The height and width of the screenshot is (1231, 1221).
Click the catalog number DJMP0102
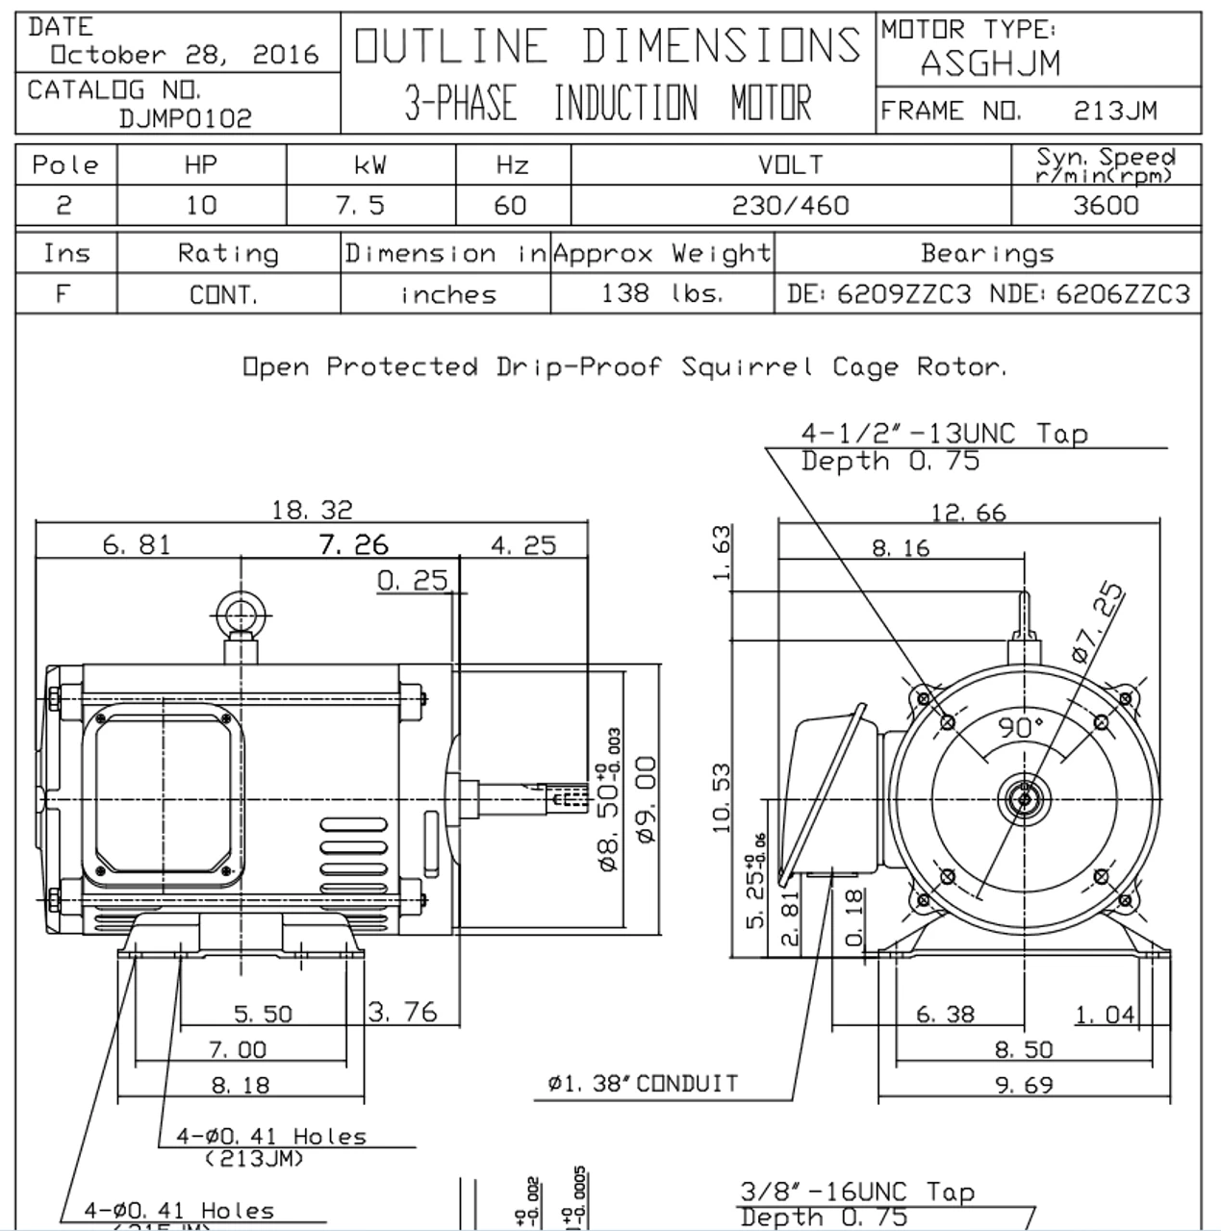click(x=186, y=118)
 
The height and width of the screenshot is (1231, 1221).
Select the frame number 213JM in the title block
click(x=1115, y=112)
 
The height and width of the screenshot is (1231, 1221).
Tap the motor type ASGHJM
click(x=990, y=64)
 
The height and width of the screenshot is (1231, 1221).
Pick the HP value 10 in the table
click(x=201, y=206)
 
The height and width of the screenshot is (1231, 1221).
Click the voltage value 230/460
click(x=790, y=206)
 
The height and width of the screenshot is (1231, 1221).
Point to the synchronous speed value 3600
click(x=1106, y=206)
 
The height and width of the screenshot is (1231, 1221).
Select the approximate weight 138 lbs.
click(x=661, y=293)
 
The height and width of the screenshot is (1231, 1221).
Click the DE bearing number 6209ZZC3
click(x=903, y=293)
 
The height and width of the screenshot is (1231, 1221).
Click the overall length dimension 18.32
click(x=313, y=510)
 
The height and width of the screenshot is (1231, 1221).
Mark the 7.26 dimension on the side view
click(x=353, y=545)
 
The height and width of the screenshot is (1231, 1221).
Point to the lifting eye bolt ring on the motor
click(x=235, y=614)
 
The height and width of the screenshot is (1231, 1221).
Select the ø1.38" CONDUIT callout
click(x=643, y=1084)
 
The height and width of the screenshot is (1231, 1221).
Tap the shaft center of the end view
click(x=1024, y=798)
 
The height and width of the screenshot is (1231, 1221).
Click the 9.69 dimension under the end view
click(x=1024, y=1085)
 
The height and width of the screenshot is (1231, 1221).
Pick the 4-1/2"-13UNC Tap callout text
click(x=944, y=434)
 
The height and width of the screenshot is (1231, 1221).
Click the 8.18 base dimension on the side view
click(x=241, y=1085)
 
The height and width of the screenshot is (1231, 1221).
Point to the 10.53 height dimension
click(x=722, y=798)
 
